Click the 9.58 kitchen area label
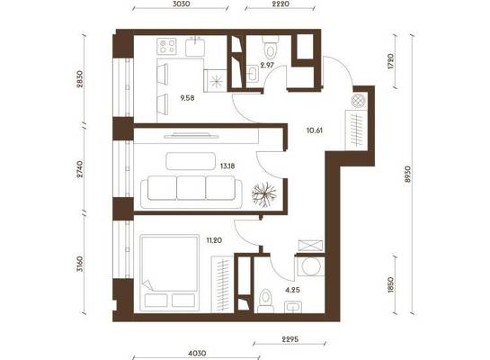click(187, 98)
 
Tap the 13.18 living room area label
click(227, 166)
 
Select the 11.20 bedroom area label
click(214, 240)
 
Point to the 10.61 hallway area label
click(315, 130)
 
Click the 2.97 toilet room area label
click(267, 66)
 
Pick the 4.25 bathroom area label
click(292, 290)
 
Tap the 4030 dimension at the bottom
click(197, 353)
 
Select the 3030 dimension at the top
click(182, 4)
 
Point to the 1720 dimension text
click(390, 61)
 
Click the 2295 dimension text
click(290, 339)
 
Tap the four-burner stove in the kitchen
click(167, 46)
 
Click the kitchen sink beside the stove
click(195, 46)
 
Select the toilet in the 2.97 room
click(271, 46)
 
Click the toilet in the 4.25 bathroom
click(265, 301)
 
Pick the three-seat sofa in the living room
click(192, 192)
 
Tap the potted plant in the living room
click(264, 195)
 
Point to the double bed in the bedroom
click(170, 273)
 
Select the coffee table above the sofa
click(191, 161)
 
